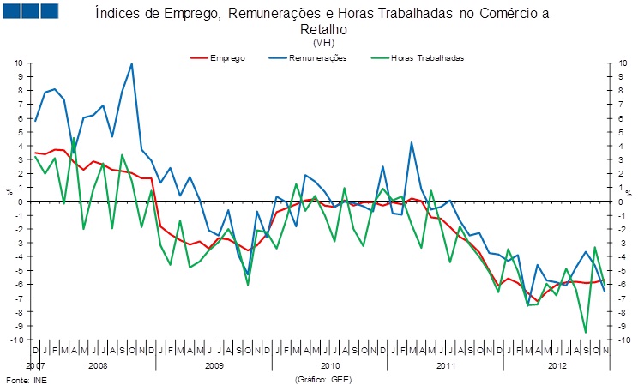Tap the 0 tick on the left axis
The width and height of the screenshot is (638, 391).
[21, 202]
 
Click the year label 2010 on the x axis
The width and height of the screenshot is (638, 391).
[328, 365]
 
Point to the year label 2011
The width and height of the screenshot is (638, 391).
[445, 365]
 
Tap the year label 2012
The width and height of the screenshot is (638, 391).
[557, 365]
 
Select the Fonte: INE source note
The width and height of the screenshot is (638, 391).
[25, 378]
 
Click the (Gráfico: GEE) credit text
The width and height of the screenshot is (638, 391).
[323, 378]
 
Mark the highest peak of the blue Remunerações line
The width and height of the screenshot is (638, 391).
[131, 63]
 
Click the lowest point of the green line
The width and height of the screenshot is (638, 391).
[586, 332]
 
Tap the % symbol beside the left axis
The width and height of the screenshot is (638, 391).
[9, 191]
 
